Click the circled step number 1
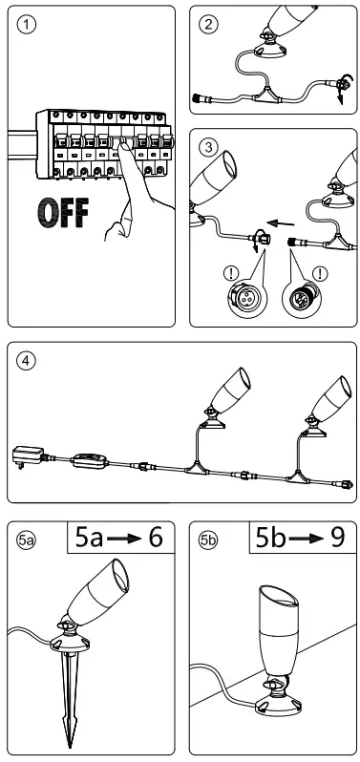coord(24,25)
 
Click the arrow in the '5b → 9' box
coord(299,540)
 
